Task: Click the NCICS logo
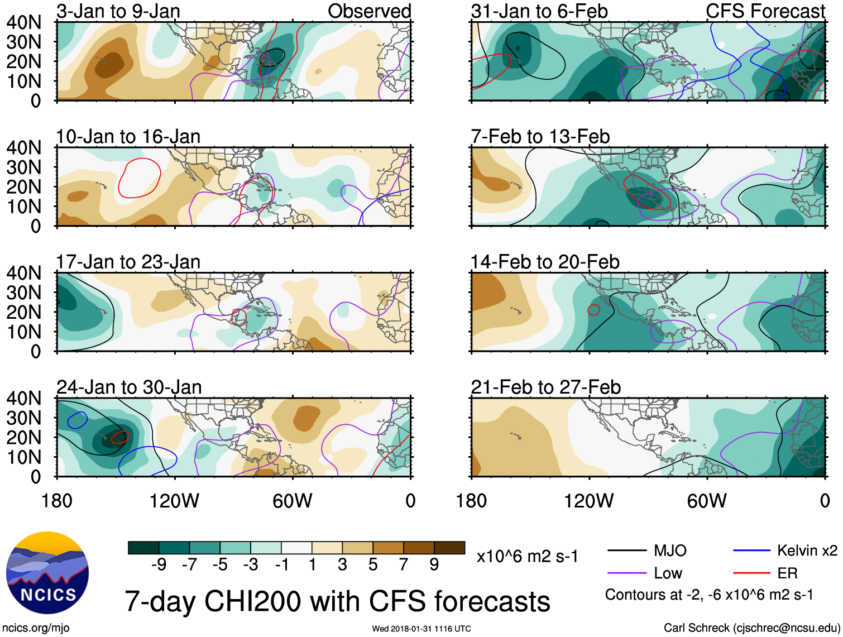pyautogui.click(x=47, y=573)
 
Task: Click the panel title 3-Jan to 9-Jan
pyautogui.click(x=118, y=11)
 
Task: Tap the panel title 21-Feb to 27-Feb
pyautogui.click(x=545, y=387)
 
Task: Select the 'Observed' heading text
pyautogui.click(x=369, y=11)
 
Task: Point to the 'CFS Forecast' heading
pyautogui.click(x=765, y=11)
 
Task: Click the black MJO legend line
pyautogui.click(x=627, y=551)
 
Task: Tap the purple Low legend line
pyautogui.click(x=627, y=573)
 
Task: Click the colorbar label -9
pyautogui.click(x=159, y=565)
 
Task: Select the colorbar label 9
pyautogui.click(x=434, y=565)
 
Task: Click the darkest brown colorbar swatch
pyautogui.click(x=449, y=548)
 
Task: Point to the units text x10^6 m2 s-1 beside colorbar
pyautogui.click(x=527, y=557)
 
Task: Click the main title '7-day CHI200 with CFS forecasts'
pyautogui.click(x=337, y=601)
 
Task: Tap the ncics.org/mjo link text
pyautogui.click(x=36, y=628)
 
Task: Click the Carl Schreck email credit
pyautogui.click(x=751, y=628)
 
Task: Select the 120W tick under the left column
pyautogui.click(x=174, y=501)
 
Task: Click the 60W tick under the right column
pyautogui.click(x=707, y=501)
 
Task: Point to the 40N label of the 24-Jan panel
pyautogui.click(x=23, y=398)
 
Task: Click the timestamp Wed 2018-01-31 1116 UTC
pyautogui.click(x=421, y=629)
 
